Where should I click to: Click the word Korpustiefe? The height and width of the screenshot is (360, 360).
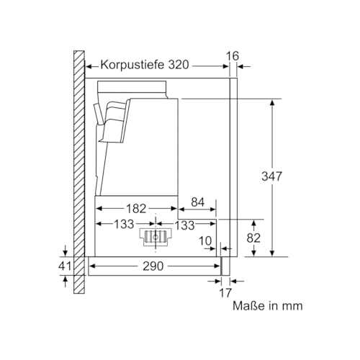(x=132, y=65)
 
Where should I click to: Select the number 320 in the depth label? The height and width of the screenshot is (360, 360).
(x=179, y=65)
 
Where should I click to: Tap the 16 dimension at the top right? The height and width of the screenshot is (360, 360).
(x=233, y=56)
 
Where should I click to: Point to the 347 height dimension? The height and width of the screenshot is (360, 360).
(x=271, y=176)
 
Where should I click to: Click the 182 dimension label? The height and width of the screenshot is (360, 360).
(x=136, y=209)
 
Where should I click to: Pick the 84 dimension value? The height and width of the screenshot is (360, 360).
(x=197, y=202)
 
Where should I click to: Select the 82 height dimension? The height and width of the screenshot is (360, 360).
(x=253, y=238)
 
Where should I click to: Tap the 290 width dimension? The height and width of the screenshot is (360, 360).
(x=153, y=266)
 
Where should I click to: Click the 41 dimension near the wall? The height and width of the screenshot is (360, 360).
(x=65, y=266)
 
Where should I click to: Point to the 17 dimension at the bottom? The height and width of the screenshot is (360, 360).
(x=225, y=293)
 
